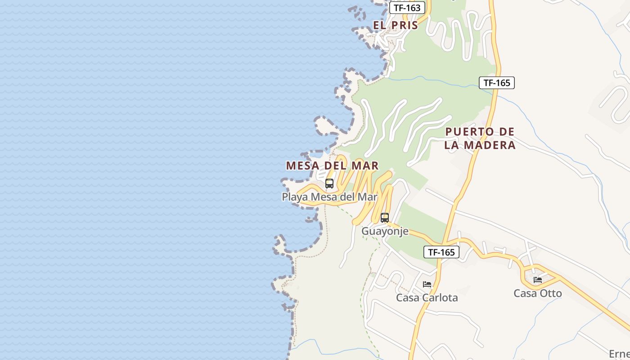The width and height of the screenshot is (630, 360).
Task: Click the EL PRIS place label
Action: (396, 25)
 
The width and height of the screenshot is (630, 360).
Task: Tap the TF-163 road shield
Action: (407, 8)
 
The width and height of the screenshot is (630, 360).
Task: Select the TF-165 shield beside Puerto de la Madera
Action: (496, 83)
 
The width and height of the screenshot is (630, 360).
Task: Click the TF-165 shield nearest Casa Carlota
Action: (441, 252)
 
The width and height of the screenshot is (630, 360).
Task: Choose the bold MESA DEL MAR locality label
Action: (332, 166)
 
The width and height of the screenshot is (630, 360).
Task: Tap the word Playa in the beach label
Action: (295, 197)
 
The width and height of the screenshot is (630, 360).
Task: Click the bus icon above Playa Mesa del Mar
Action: (329, 184)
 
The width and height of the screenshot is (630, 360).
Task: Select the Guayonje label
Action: (385, 231)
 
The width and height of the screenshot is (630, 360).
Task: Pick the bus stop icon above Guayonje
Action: (385, 218)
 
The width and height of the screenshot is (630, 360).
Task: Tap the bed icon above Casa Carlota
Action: (427, 284)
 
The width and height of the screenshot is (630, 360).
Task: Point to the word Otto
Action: (550, 293)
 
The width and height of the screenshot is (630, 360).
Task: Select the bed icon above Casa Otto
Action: (538, 280)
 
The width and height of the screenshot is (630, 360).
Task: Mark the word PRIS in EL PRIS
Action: (405, 25)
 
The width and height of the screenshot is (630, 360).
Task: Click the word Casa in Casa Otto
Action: (525, 293)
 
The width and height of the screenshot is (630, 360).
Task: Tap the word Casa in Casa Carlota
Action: (407, 297)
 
